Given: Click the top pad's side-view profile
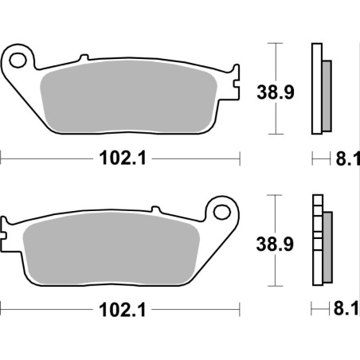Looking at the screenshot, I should pyautogui.click(x=320, y=88).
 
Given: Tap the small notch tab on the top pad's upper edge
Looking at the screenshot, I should pyautogui.click(x=82, y=58).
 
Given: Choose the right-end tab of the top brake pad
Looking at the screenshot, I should pyautogui.click(x=233, y=80).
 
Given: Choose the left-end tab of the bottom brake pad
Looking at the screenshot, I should pyautogui.click(x=6, y=231).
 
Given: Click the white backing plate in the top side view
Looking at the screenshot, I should pyautogui.click(x=315, y=88).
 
